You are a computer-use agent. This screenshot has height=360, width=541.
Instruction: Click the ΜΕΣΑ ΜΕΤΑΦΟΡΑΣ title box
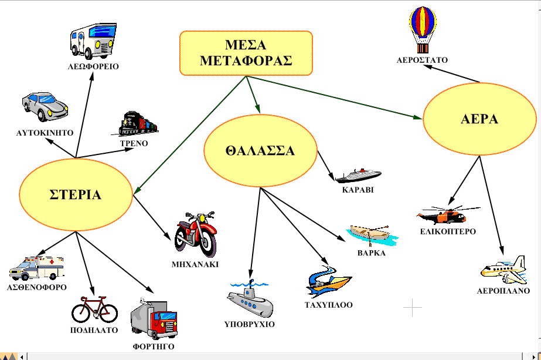click(246, 53)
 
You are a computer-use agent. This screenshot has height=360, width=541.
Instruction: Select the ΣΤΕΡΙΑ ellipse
click(76, 195)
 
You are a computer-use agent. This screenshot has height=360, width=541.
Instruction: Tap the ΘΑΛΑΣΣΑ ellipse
click(260, 151)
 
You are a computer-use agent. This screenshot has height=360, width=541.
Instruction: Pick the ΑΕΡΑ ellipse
click(479, 119)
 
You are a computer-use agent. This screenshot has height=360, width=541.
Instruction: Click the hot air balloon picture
click(423, 30)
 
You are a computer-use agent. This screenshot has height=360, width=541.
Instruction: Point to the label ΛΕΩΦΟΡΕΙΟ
click(93, 66)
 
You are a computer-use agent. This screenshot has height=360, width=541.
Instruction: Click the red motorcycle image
click(195, 234)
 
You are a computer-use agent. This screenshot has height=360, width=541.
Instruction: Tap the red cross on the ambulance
click(52, 262)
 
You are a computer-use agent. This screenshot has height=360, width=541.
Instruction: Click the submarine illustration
click(250, 299)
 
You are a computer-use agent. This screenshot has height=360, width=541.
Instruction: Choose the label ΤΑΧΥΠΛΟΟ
click(328, 305)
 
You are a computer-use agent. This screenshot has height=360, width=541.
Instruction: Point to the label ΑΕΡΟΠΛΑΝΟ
click(503, 291)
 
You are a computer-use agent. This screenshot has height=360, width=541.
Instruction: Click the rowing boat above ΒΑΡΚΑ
click(372, 235)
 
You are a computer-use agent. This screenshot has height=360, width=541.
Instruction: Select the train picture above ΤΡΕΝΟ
click(135, 124)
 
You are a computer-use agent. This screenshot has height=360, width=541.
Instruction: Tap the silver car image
click(45, 106)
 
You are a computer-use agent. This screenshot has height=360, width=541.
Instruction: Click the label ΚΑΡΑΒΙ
click(358, 190)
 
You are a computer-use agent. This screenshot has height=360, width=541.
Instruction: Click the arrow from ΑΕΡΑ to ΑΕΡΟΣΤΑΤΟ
click(452, 73)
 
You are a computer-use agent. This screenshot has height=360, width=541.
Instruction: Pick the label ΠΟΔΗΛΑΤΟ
click(94, 330)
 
